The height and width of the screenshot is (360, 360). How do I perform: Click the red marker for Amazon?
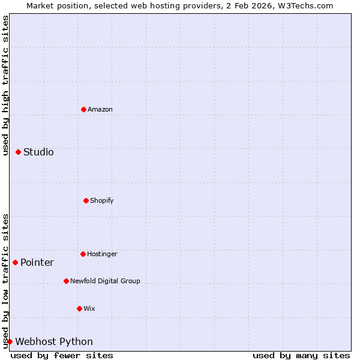83,109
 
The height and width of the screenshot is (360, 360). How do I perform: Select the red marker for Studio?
18,152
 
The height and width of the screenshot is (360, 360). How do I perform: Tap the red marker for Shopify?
86,200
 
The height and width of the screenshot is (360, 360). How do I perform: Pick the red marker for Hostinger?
83,254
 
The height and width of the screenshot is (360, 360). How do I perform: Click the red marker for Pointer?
15,262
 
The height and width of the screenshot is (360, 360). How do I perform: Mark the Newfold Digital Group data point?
66,281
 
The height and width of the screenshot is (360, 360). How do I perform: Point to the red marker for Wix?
79,308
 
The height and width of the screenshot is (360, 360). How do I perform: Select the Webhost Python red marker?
10,341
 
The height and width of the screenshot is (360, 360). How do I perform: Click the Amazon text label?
100,109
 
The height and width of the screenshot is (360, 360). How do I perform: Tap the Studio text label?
38,152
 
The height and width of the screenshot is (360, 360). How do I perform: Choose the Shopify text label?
102,200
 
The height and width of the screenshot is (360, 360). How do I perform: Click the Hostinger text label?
102,254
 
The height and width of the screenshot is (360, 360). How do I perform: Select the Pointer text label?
37,262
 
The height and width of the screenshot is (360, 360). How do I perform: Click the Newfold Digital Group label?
105,281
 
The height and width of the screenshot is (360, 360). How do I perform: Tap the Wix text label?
89,308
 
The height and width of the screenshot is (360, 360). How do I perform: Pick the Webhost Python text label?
54,341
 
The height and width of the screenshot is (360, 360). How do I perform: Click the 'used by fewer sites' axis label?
62,355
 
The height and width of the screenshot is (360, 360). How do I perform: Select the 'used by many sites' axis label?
301,355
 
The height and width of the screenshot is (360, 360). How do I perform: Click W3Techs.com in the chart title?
304,5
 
